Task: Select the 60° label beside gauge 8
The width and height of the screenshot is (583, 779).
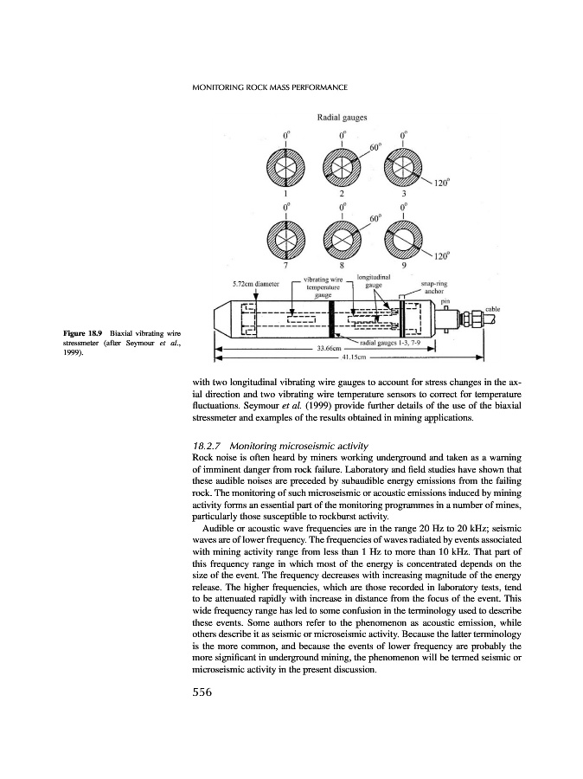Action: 375,220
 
